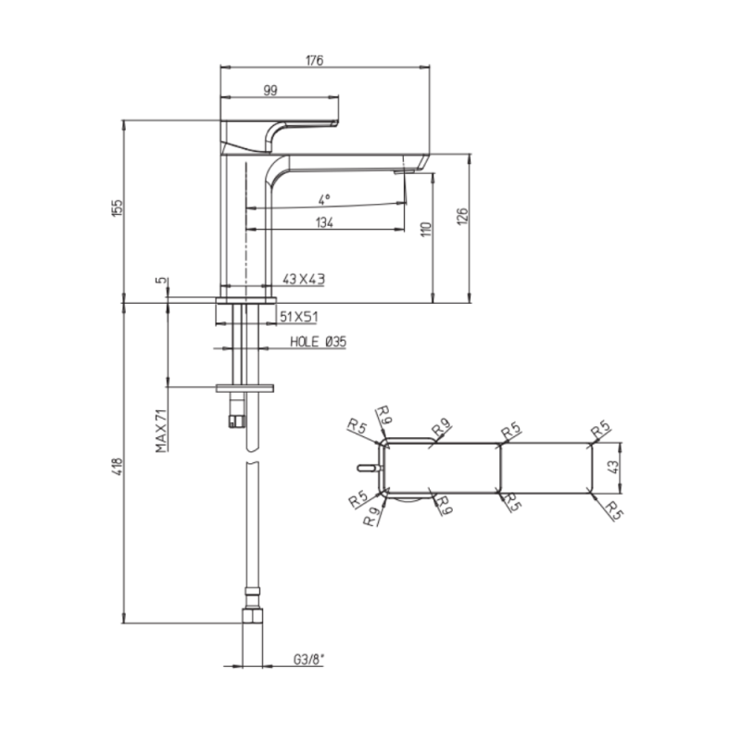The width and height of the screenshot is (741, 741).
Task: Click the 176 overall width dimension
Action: click(x=314, y=60)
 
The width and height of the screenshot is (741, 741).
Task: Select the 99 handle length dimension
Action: click(x=270, y=90)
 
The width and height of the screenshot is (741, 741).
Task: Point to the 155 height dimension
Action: click(x=117, y=207)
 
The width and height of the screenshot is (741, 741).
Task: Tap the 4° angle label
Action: click(x=323, y=200)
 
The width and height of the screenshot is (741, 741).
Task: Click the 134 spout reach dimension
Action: click(x=325, y=222)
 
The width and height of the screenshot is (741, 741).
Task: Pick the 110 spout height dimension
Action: click(x=426, y=230)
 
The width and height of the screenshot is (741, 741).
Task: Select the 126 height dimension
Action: click(x=462, y=216)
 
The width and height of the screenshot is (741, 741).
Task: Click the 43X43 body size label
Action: click(x=304, y=280)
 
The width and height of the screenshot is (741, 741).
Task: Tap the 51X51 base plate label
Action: click(x=298, y=317)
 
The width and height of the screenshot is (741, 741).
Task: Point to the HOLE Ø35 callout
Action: click(x=318, y=342)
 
